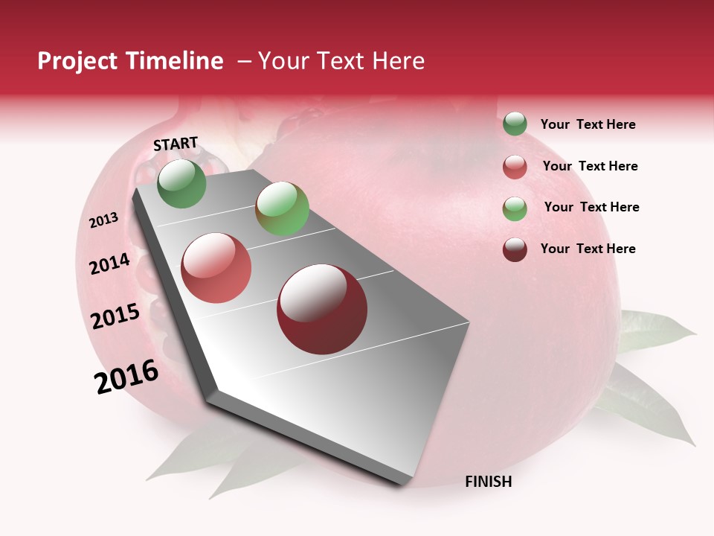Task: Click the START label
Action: tap(176, 144)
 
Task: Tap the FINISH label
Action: tap(488, 482)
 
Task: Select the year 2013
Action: tap(104, 220)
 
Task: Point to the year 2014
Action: tap(110, 264)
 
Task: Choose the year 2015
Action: tap(115, 316)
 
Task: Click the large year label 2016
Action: tap(126, 377)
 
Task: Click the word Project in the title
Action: tap(77, 61)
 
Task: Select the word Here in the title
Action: tap(398, 61)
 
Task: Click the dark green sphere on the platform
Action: tap(181, 183)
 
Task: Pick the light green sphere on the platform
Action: tap(282, 208)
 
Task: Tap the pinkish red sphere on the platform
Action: tap(216, 267)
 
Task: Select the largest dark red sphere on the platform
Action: tap(322, 309)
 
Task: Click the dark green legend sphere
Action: tap(515, 124)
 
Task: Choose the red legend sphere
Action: tap(515, 167)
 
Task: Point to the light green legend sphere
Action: tap(515, 208)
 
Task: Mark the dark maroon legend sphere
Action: tap(515, 249)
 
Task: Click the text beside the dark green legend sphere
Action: tap(588, 124)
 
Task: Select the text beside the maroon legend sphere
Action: tap(588, 249)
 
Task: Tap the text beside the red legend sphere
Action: tap(590, 166)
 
